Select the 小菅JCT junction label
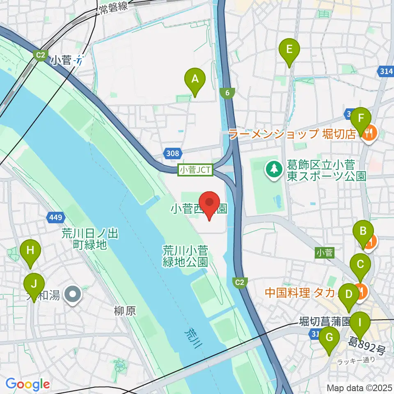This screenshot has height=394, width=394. coord(195,170)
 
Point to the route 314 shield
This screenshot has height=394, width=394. coord(385,71)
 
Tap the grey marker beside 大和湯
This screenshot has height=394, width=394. coord(74,294)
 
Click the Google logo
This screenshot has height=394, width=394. coord(27,384)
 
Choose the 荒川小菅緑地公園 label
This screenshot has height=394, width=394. coord(186,256)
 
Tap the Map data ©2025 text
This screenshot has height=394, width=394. coord(360,387)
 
